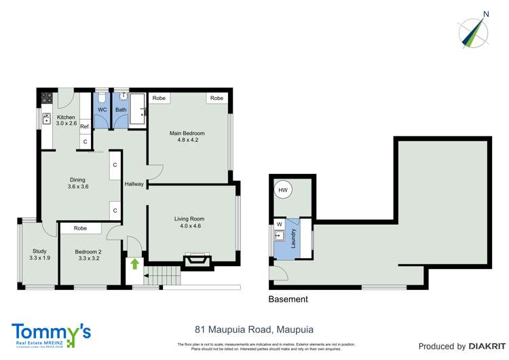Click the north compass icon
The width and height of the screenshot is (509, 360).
click(x=475, y=31)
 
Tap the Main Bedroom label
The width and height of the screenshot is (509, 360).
click(x=187, y=133)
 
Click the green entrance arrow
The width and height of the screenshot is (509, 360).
click(x=134, y=263)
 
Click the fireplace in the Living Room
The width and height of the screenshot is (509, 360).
click(x=197, y=260)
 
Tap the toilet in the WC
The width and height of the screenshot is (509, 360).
click(x=102, y=98)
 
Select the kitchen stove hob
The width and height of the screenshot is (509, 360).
click(x=47, y=98)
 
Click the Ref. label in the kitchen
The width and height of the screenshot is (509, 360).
click(x=85, y=127)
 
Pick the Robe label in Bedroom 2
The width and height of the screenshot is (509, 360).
click(x=80, y=229)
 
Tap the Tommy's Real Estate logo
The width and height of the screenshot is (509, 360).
click(x=51, y=334)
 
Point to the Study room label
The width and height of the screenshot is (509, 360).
click(x=39, y=251)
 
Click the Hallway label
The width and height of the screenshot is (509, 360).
click(x=134, y=184)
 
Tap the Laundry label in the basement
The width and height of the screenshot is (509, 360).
click(x=294, y=237)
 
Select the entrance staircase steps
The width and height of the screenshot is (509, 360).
click(x=164, y=275)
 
